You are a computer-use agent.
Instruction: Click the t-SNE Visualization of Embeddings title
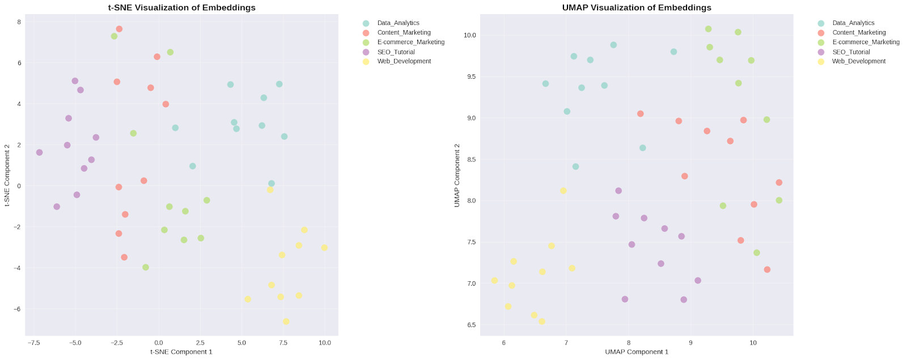(x=181, y=7)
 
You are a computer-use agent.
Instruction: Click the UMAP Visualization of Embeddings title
(x=637, y=7)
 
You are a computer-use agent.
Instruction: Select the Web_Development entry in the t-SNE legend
(x=404, y=61)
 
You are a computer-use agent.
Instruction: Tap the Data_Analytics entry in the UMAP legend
(x=853, y=23)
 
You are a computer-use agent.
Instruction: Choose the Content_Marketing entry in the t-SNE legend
(x=404, y=32)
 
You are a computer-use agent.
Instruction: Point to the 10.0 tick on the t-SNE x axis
(x=325, y=343)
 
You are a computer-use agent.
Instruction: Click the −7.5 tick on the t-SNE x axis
(x=33, y=343)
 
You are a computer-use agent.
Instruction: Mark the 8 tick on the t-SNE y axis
(x=19, y=22)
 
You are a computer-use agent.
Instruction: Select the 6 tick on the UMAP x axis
(x=503, y=343)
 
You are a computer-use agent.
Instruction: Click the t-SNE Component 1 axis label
(x=181, y=352)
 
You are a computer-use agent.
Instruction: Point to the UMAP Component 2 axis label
(x=457, y=175)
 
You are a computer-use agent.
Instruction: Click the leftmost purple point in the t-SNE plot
(x=39, y=153)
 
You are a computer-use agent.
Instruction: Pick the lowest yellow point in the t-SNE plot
(x=286, y=321)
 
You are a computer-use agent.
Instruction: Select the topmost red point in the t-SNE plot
(x=119, y=29)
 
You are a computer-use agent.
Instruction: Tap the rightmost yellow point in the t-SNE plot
(x=324, y=248)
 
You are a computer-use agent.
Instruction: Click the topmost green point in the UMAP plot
(x=708, y=29)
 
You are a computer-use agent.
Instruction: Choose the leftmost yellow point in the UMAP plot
(x=494, y=281)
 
